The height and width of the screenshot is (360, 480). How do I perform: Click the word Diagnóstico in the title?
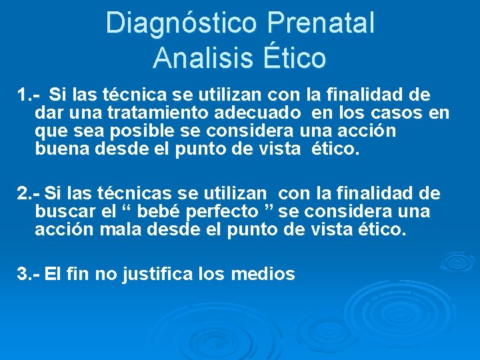click(180, 23)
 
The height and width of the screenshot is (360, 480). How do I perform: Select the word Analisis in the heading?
click(198, 58)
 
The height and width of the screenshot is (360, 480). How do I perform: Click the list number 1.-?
click(30, 95)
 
